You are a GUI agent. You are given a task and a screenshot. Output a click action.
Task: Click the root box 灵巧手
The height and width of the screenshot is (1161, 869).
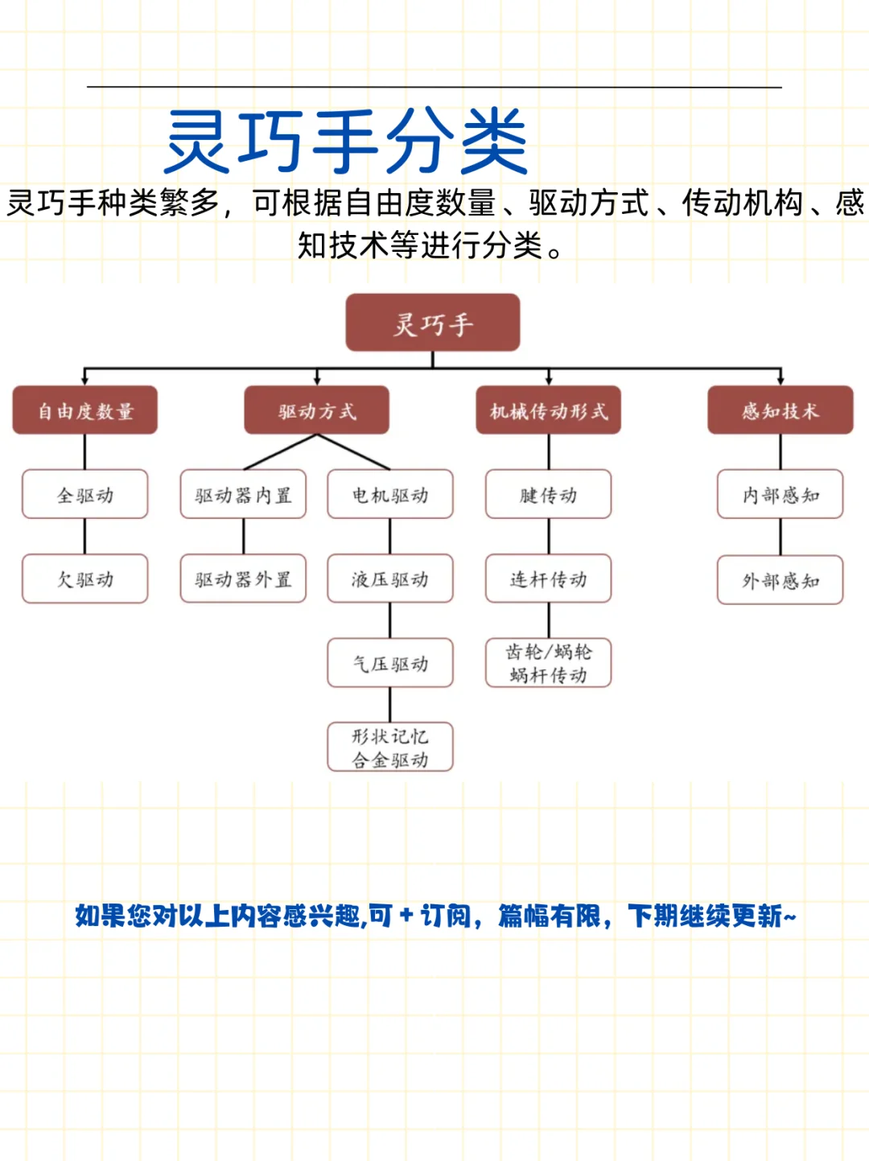tap(433, 323)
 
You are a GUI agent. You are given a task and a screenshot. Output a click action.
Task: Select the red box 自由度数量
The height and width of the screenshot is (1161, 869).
tap(84, 411)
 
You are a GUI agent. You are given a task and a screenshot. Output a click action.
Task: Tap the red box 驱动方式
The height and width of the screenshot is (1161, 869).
tap(317, 411)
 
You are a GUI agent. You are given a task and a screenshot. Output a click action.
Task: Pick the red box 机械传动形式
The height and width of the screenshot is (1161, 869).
tap(549, 411)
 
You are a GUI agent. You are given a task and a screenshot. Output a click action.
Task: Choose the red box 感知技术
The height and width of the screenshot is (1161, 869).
tap(780, 411)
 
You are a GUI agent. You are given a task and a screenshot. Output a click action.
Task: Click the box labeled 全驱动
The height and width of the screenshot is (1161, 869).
tap(84, 495)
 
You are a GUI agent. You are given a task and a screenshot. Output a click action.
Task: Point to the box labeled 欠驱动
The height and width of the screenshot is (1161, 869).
tap(84, 579)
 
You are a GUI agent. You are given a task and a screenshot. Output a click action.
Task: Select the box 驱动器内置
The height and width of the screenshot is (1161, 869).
tap(243, 495)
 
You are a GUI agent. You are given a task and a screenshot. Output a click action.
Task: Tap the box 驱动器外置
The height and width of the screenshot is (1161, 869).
tap(243, 579)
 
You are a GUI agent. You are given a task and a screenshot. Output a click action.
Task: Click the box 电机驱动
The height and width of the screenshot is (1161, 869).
tap(390, 495)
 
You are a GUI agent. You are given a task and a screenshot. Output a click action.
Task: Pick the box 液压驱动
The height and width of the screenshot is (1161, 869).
tap(390, 579)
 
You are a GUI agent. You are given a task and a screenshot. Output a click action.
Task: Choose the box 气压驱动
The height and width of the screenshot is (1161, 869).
tap(390, 664)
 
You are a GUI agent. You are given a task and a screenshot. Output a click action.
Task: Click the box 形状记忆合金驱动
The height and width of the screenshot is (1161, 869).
tap(390, 747)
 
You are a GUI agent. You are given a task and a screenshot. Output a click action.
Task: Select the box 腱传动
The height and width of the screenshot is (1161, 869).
tap(549, 495)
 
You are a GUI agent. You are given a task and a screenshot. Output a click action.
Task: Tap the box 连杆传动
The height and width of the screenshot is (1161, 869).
tap(549, 579)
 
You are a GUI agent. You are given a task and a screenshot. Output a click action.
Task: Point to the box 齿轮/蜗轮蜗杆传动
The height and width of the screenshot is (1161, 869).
tap(549, 663)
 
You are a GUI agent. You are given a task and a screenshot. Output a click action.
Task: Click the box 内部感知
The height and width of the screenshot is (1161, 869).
tap(780, 495)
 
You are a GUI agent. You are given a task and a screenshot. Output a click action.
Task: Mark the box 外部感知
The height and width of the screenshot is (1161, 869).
tap(780, 580)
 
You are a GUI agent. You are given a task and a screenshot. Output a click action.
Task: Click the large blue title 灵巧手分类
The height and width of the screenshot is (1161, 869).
tap(346, 142)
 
